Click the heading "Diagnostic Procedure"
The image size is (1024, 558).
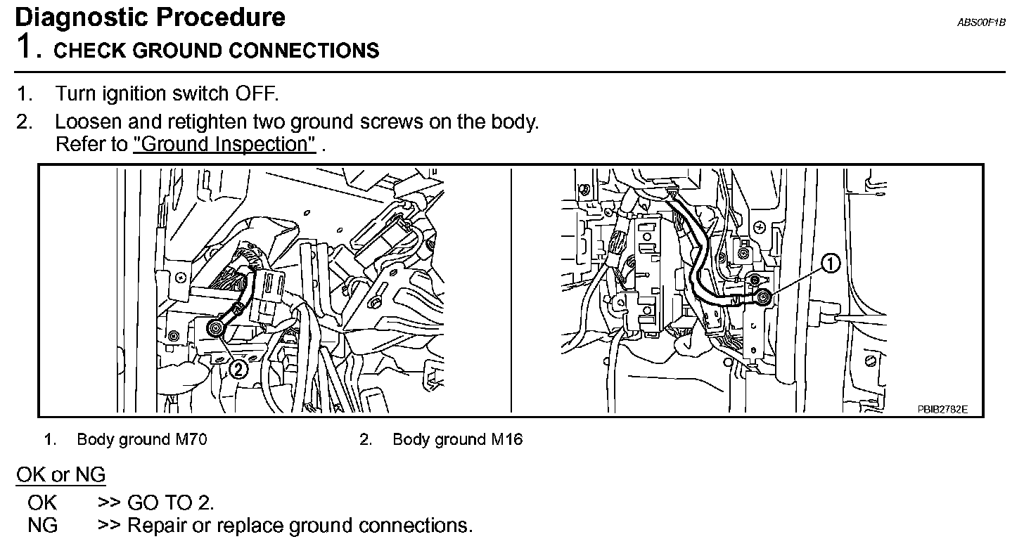click(150, 17)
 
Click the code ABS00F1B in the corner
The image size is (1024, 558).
click(981, 22)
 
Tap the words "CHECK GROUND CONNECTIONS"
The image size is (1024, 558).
click(217, 51)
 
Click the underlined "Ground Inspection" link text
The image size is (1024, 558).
click(224, 145)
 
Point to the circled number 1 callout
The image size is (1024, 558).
click(831, 264)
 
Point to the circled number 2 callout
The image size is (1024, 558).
click(239, 368)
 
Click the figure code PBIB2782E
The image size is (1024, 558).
click(942, 408)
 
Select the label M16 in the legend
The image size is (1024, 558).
click(506, 440)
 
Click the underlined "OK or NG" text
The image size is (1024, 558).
click(60, 475)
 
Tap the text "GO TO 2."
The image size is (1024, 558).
click(170, 502)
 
